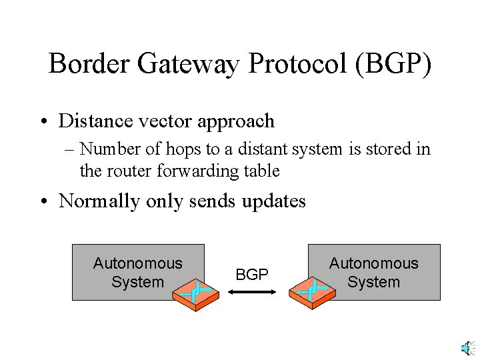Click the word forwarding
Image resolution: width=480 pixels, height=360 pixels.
pos(188,171)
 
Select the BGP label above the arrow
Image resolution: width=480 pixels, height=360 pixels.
pos(253,275)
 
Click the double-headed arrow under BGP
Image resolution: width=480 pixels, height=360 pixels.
pos(252,292)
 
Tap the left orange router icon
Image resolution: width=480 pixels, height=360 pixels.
pos(196,292)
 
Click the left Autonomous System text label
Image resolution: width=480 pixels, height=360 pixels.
pos(137,273)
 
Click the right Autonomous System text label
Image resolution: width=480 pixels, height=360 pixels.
pos(373,273)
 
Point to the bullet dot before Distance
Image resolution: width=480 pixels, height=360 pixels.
pos(43,121)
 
